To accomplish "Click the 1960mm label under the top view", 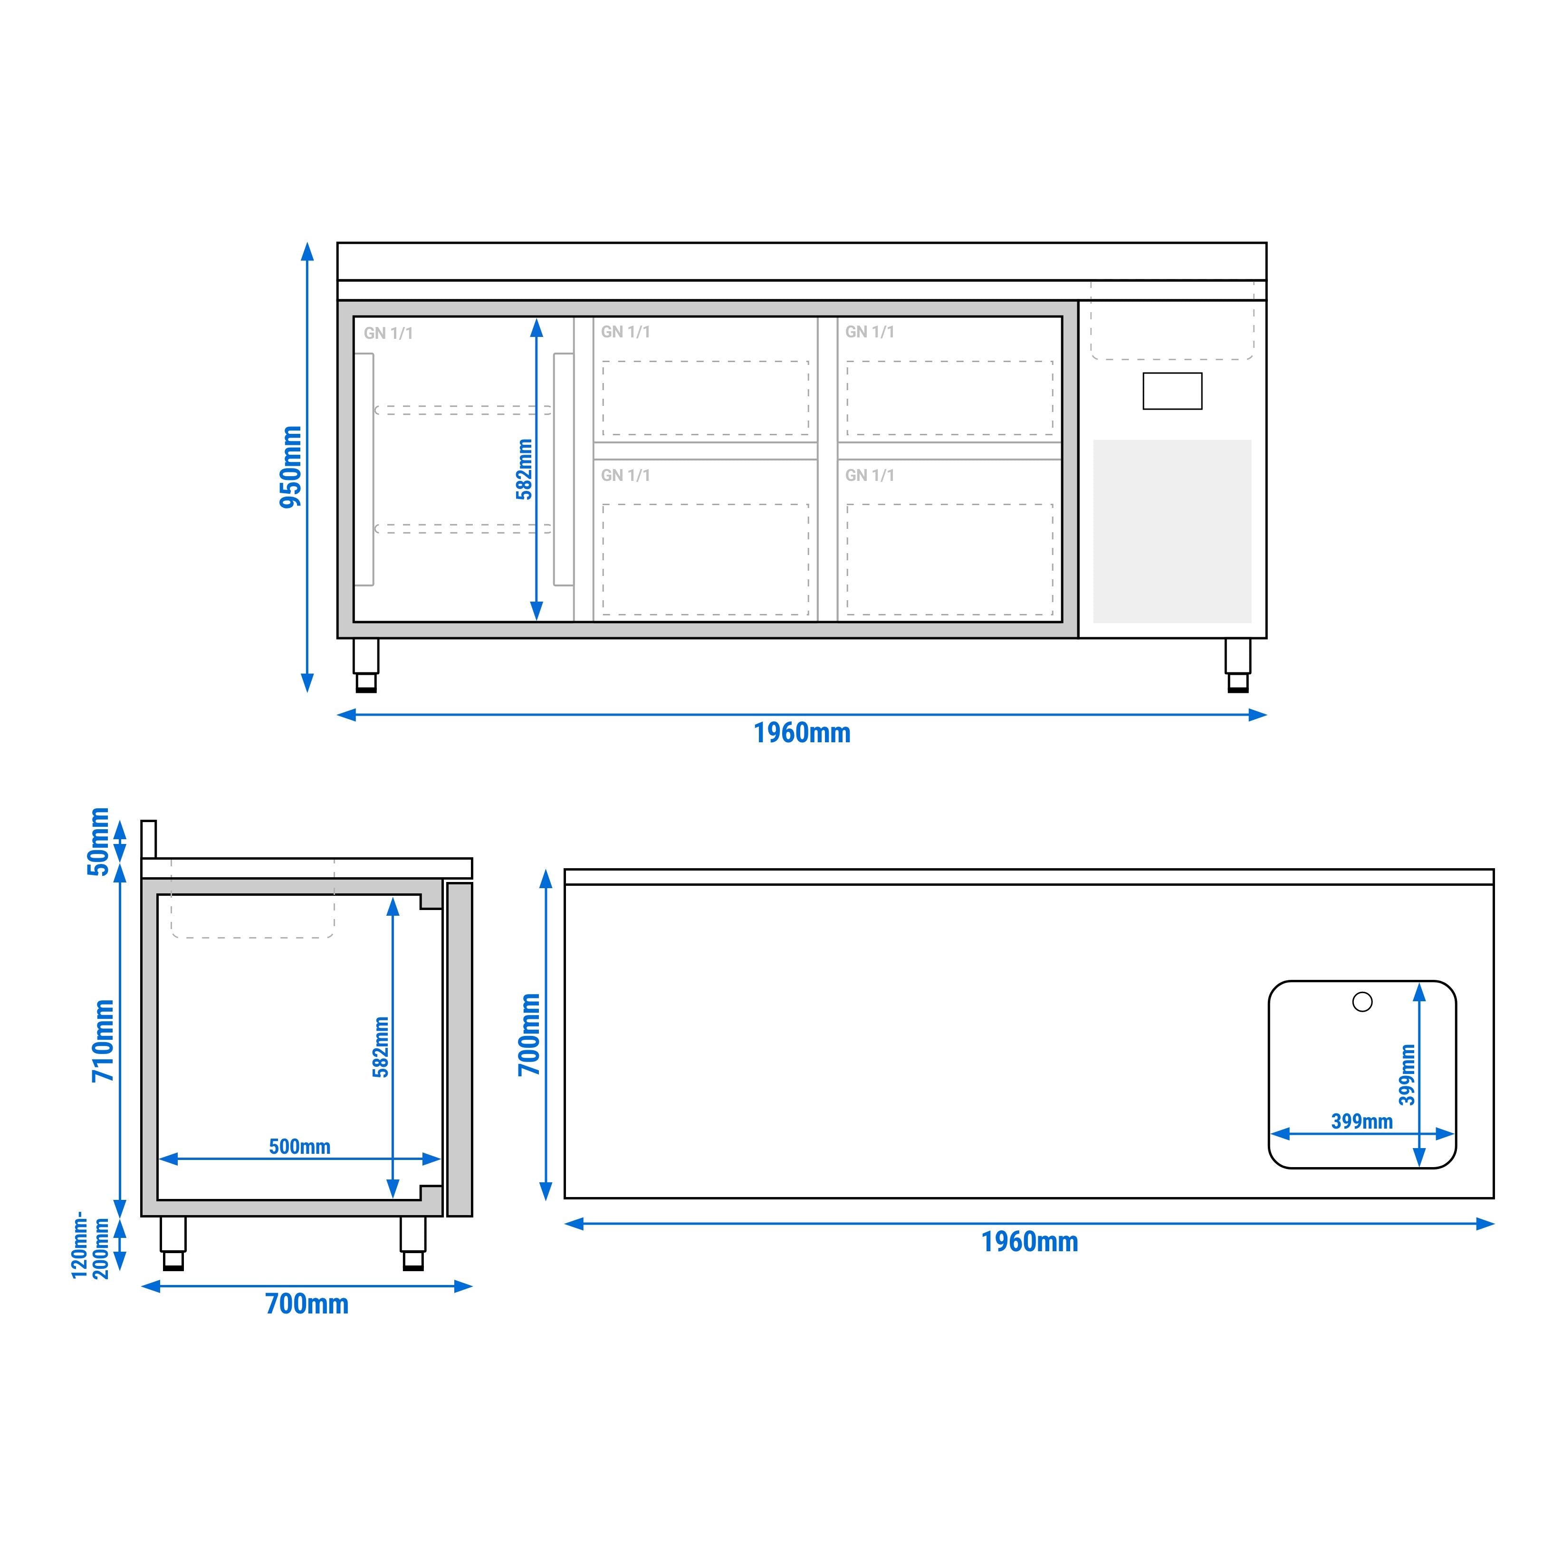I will tap(1029, 1242).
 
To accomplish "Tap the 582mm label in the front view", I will tap(524, 469).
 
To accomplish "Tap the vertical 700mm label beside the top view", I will tap(529, 1035).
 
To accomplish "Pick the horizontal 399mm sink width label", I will tap(1361, 1121).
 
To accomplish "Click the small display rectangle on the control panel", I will tap(1172, 391).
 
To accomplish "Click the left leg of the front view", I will tap(365, 665).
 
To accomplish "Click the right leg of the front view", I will tap(1237, 665).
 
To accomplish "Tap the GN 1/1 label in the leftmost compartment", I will tap(388, 333).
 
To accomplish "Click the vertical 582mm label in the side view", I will tap(381, 1047).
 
